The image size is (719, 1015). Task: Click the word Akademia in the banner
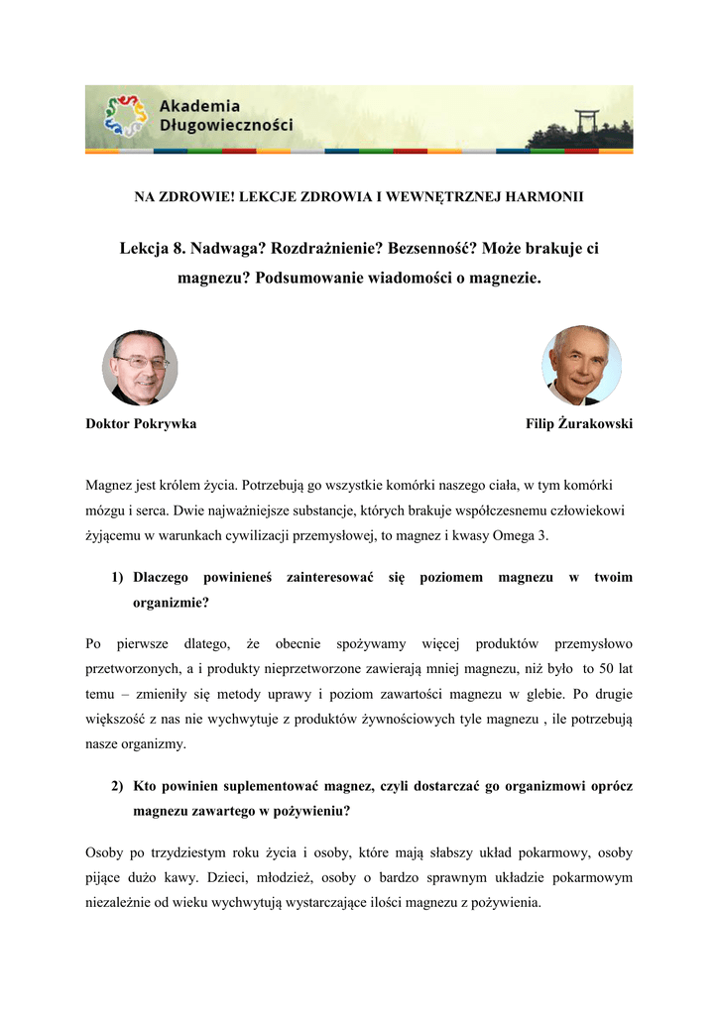pos(199,106)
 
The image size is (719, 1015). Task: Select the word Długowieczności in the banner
pos(226,126)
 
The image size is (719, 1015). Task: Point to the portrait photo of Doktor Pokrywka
pos(140,368)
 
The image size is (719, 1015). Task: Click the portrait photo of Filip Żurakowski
pos(581,366)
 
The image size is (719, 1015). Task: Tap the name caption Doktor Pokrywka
pos(141,424)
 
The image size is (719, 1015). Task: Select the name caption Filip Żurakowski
pos(579,424)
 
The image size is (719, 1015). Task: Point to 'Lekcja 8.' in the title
pos(151,248)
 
